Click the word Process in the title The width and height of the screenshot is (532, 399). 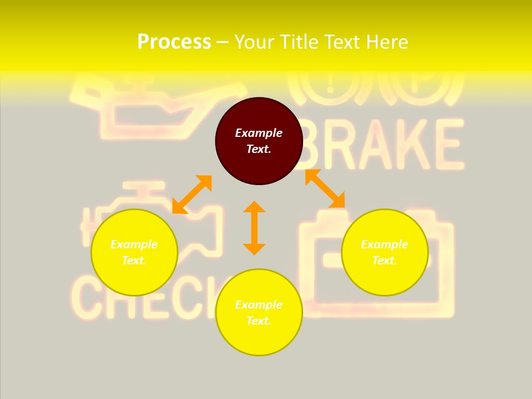point(174,42)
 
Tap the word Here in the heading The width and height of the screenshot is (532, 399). point(386,42)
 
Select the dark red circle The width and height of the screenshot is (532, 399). point(259,141)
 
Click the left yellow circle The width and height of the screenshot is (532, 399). point(134,252)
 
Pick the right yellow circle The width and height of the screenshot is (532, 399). point(385,252)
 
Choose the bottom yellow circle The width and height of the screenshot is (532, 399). point(259,312)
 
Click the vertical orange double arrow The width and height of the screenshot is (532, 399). point(254,228)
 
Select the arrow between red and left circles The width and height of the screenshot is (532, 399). point(192,195)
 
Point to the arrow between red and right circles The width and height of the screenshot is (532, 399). point(325,188)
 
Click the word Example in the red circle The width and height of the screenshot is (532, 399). point(259,133)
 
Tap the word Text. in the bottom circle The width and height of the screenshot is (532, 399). point(259,321)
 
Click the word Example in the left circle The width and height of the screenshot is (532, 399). point(134,244)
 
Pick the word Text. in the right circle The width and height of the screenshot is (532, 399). point(385,260)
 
